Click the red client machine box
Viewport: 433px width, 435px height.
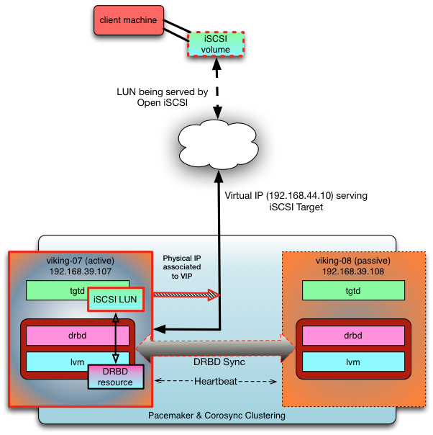pos(127,21)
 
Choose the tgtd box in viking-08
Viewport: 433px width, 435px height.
pos(352,290)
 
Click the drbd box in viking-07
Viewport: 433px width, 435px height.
pos(78,335)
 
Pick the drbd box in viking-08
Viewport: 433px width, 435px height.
pos(352,335)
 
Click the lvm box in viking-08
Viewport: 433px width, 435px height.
pos(352,362)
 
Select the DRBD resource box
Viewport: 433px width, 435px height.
pos(116,377)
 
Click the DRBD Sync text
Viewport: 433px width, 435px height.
pos(219,362)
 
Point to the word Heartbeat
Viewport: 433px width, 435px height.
pos(219,381)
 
